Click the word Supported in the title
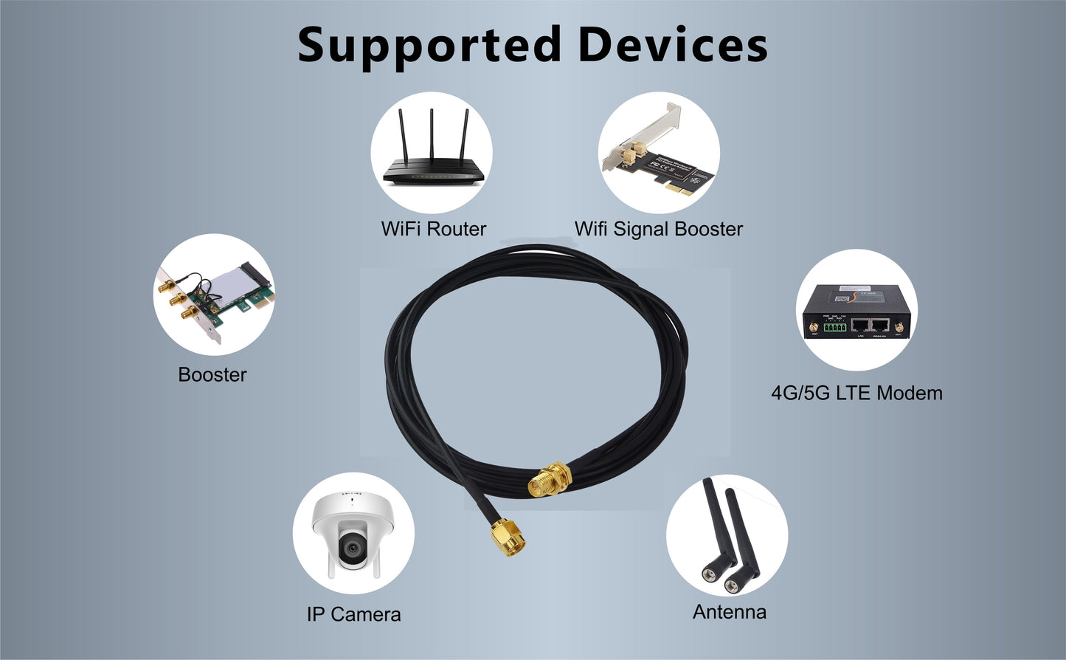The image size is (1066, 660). [x=429, y=47]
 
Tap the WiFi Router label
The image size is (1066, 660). [x=434, y=229]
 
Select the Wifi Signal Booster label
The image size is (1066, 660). [x=659, y=230]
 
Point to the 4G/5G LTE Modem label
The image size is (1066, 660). [x=856, y=393]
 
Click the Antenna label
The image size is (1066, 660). [x=730, y=612]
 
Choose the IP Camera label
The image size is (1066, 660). [x=353, y=614]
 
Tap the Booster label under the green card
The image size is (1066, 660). [x=212, y=375]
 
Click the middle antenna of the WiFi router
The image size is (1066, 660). [x=432, y=135]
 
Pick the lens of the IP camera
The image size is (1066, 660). [x=353, y=550]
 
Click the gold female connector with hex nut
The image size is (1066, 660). [x=550, y=480]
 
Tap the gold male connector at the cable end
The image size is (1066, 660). [x=508, y=538]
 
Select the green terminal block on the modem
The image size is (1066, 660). [x=835, y=327]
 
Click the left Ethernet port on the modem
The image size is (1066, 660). [x=860, y=326]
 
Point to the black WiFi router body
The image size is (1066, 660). [x=434, y=173]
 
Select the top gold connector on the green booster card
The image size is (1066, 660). [x=167, y=286]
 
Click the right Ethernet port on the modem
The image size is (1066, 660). [x=880, y=326]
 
